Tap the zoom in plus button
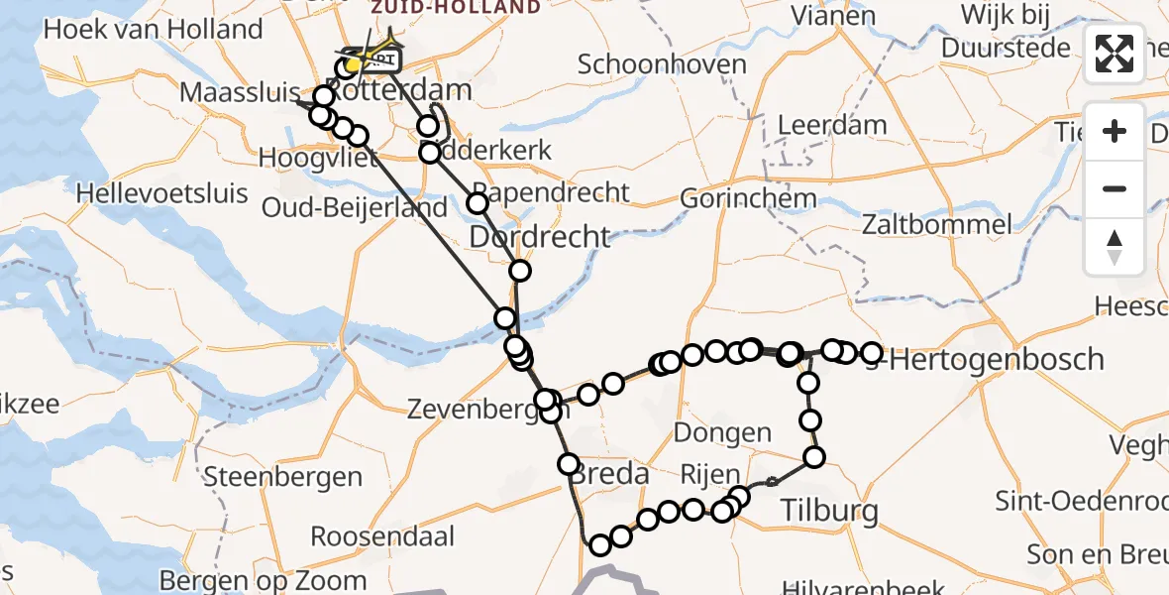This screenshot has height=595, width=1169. pyautogui.click(x=1115, y=132)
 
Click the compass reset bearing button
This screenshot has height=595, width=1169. pyautogui.click(x=1115, y=246)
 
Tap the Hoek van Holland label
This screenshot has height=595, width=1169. pyautogui.click(x=154, y=30)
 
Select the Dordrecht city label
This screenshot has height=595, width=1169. pyautogui.click(x=540, y=237)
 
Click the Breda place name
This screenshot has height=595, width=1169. pyautogui.click(x=608, y=474)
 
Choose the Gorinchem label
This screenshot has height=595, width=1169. pyautogui.click(x=748, y=198)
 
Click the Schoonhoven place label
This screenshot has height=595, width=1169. pyautogui.click(x=662, y=65)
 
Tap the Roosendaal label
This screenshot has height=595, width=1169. pyautogui.click(x=382, y=537)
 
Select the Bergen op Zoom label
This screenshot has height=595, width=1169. pyautogui.click(x=263, y=580)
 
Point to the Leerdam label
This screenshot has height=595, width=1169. pyautogui.click(x=832, y=126)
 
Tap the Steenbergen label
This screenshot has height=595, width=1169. pyautogui.click(x=283, y=477)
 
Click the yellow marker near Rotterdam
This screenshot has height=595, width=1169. pyautogui.click(x=354, y=65)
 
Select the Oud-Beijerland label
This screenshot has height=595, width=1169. pyautogui.click(x=354, y=209)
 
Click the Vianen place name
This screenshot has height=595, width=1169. pyautogui.click(x=833, y=16)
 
